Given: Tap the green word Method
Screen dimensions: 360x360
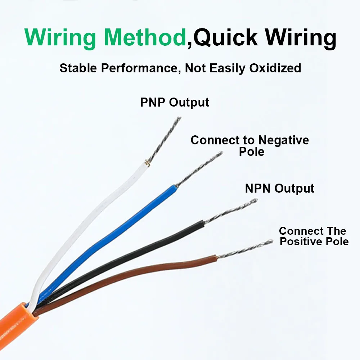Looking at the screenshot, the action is (x=145, y=37).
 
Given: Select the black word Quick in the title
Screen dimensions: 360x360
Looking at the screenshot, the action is (x=225, y=38).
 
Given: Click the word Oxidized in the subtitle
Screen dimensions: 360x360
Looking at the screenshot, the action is (x=275, y=68).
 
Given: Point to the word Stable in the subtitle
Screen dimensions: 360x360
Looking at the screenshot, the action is (x=78, y=68).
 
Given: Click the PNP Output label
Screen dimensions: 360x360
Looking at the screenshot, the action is (x=175, y=102).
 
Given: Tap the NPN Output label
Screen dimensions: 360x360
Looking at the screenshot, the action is (x=280, y=189).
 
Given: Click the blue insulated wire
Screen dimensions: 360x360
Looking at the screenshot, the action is (x=110, y=241).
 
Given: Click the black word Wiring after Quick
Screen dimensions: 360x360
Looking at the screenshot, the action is (x=301, y=38).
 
